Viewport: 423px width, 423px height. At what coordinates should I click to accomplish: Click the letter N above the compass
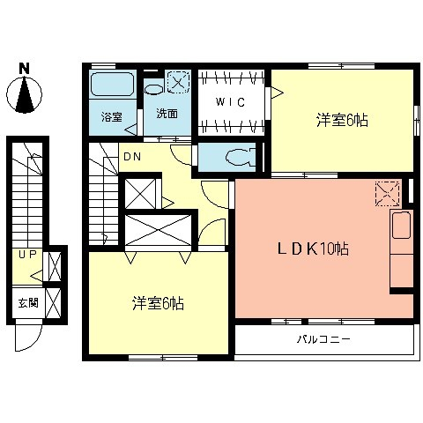[25, 67]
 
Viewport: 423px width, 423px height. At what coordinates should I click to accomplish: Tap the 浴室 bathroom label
[110, 116]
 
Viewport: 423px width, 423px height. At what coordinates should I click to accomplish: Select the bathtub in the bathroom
[112, 88]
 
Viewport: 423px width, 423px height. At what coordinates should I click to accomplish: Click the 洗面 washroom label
[167, 114]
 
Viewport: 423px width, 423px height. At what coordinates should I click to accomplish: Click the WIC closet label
[231, 101]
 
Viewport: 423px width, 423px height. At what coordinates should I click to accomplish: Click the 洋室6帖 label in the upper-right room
[341, 121]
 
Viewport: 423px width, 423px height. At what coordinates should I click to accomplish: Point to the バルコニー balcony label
[323, 338]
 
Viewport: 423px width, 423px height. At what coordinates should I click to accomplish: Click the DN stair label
[132, 158]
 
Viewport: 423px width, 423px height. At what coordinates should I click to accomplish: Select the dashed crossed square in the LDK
[387, 193]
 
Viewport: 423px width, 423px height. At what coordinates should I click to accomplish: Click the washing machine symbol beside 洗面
[179, 82]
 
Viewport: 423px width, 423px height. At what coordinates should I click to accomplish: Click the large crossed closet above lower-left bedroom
[157, 231]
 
